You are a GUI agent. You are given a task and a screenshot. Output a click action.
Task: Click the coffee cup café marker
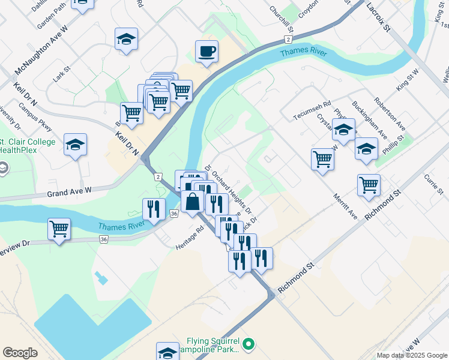tap(206, 52)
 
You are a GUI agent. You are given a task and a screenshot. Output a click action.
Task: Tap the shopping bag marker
tap(192, 202)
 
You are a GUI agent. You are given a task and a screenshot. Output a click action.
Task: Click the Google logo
tap(20, 353)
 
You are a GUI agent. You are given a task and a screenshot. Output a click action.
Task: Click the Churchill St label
tap(281, 19)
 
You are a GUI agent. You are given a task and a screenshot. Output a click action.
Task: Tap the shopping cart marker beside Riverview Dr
tap(59, 229)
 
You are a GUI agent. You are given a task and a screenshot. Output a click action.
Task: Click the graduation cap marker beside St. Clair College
tap(76, 145)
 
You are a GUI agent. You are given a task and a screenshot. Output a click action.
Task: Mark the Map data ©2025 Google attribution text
tap(411, 355)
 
